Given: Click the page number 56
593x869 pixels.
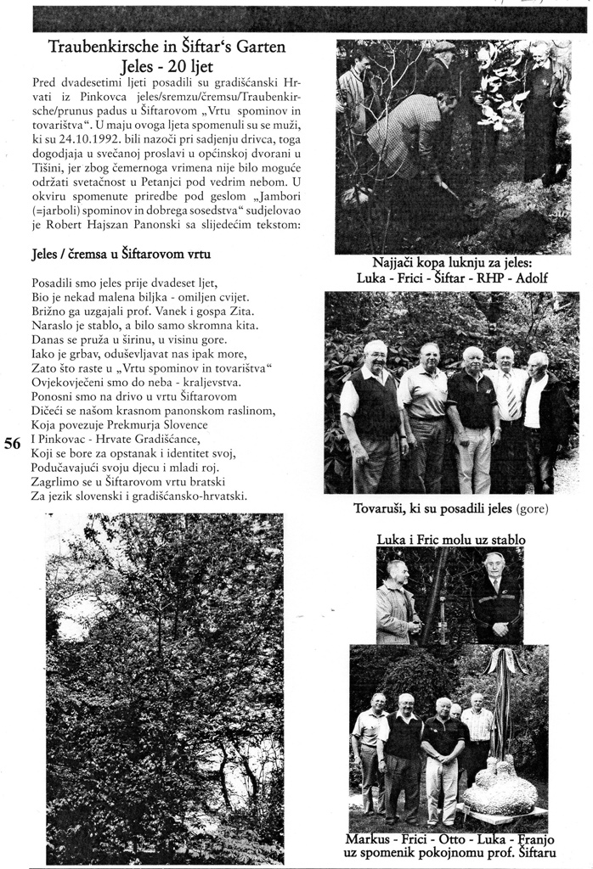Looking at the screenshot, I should coord(13,442).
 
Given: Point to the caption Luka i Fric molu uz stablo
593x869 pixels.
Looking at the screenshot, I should coord(451,539).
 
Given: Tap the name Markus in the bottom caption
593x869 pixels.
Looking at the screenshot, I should coord(369,839).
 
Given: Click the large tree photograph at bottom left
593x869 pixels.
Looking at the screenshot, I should coord(165,687).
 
